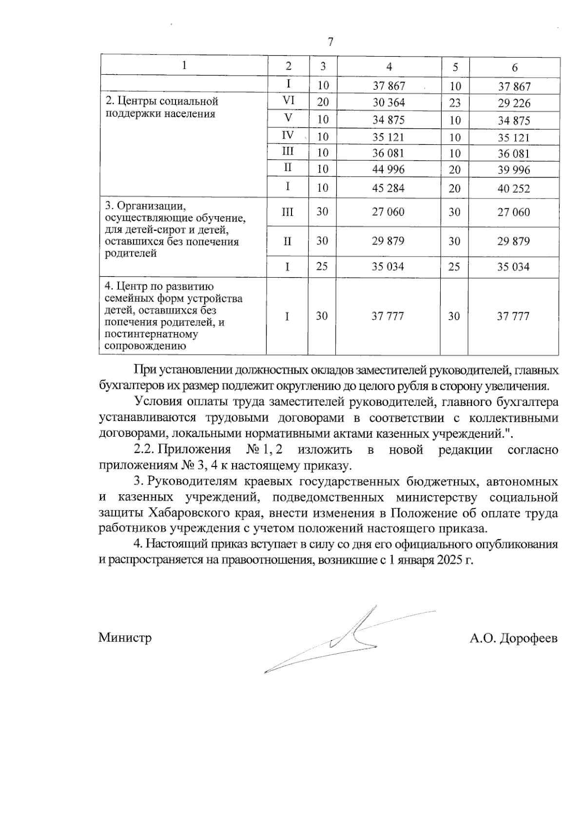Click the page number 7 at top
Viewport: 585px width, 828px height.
(331, 42)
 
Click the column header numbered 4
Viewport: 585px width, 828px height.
(389, 67)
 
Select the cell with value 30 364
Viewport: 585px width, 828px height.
(389, 102)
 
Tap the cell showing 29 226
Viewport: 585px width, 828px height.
(514, 103)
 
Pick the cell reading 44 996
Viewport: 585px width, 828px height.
(389, 169)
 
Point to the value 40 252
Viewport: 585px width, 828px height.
(513, 188)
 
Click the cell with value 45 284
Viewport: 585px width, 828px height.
(389, 188)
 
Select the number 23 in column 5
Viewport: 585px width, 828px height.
(454, 103)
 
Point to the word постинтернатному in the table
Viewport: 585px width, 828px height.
(151, 335)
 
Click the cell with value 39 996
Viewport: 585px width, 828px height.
(513, 170)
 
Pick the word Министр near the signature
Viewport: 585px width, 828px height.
(125, 637)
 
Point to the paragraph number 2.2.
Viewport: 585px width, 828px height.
(144, 449)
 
